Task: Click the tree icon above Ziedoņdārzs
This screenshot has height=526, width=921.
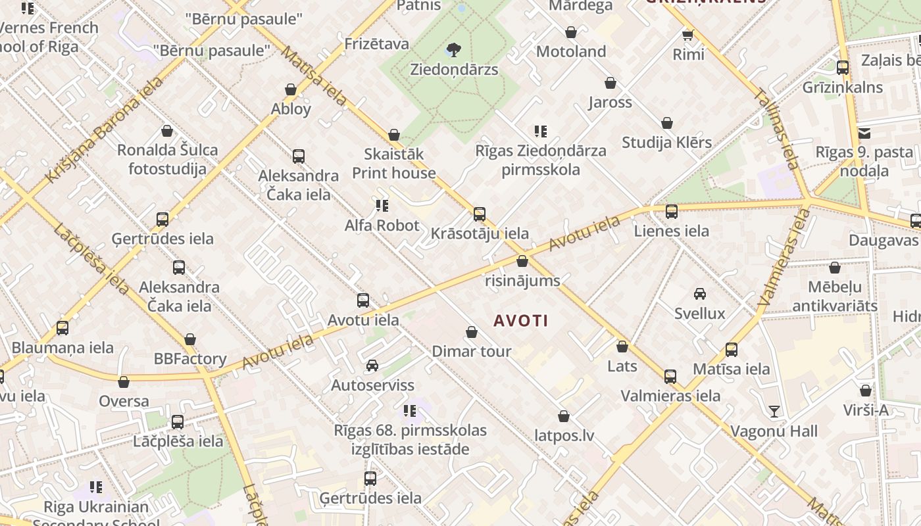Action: (453, 49)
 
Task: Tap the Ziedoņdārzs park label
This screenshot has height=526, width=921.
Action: (454, 69)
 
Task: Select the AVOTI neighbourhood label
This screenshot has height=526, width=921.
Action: (521, 321)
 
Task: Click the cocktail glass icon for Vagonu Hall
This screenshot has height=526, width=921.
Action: (774, 412)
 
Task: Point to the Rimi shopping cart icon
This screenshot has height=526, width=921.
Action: (688, 35)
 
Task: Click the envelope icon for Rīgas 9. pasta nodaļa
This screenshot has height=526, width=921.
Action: (864, 133)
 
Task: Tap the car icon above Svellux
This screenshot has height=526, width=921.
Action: (700, 294)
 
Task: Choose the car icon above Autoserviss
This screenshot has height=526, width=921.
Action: (372, 366)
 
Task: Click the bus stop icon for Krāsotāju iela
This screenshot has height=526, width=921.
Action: (480, 214)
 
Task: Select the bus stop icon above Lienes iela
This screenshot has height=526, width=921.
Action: (672, 212)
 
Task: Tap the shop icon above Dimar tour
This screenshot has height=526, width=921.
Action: (472, 332)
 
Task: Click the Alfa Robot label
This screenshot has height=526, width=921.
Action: (382, 226)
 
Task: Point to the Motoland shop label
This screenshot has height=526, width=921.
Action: (571, 51)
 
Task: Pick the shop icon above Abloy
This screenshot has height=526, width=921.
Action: (291, 89)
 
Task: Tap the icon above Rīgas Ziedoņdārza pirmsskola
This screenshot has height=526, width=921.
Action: (541, 131)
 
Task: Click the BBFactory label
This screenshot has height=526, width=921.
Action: (190, 359)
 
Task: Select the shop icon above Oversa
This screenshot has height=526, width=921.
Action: (124, 382)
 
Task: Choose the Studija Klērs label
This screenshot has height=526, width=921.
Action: (666, 142)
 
